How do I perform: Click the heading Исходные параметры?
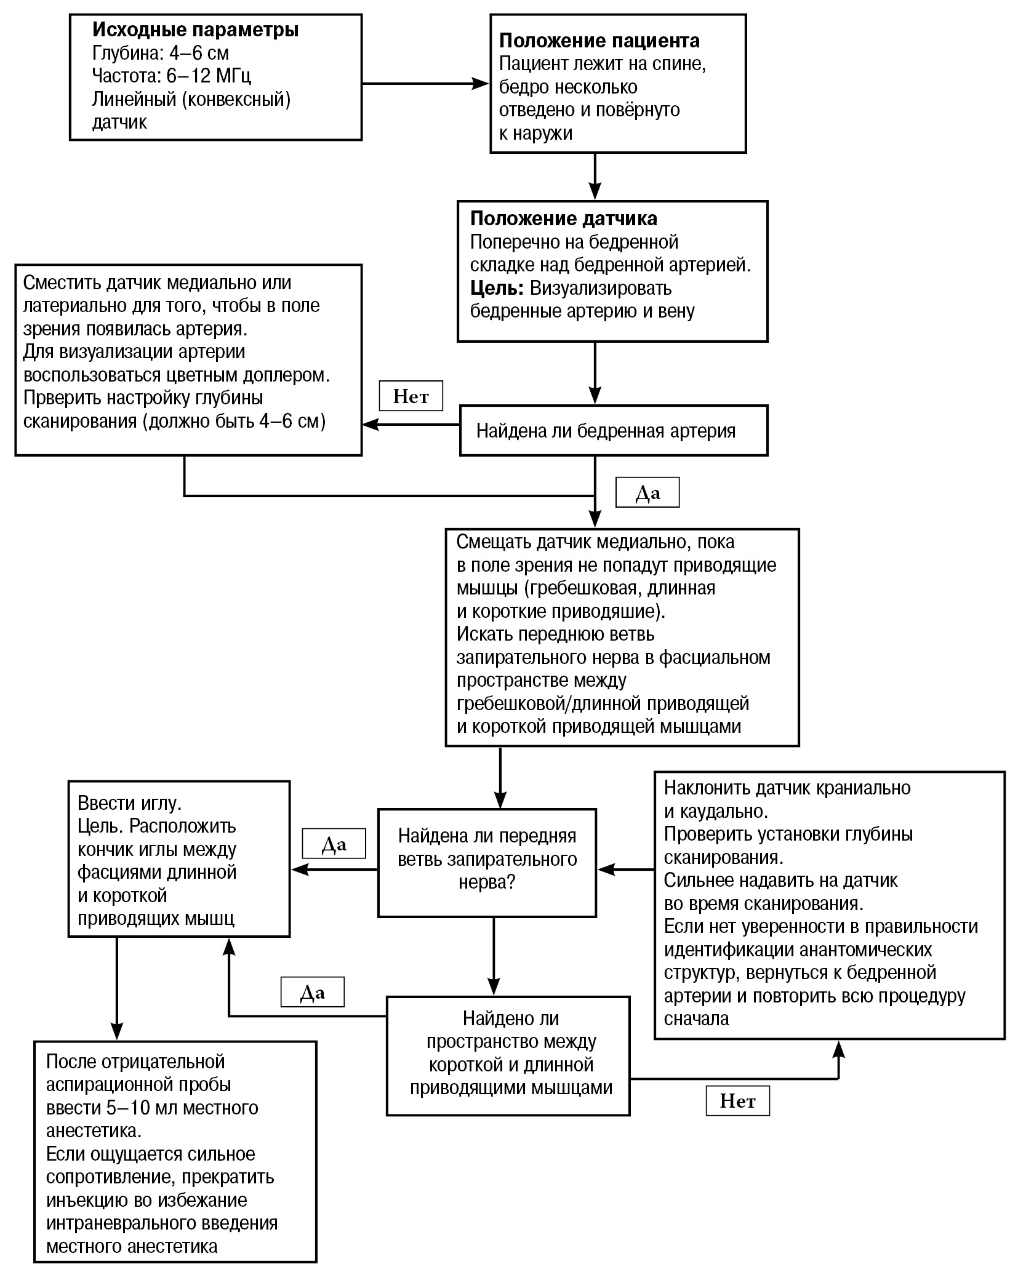195,30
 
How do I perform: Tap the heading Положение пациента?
599,41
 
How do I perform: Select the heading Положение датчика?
563,218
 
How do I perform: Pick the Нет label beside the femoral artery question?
411,397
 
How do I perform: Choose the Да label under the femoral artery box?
647,492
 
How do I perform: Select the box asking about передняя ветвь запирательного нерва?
487,863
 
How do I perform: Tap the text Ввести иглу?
129,803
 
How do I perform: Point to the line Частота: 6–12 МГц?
171,76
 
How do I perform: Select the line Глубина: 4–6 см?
160,53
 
